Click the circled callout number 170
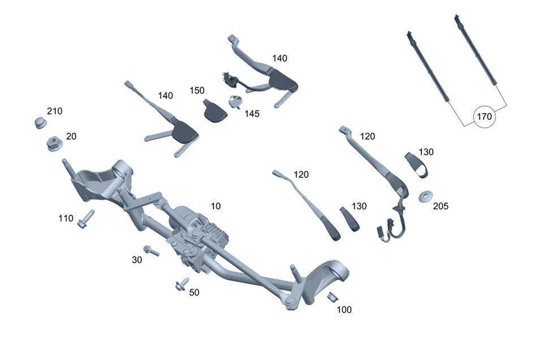pyautogui.click(x=485, y=118)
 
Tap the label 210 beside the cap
pyautogui.click(x=55, y=111)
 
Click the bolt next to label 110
pyautogui.click(x=86, y=220)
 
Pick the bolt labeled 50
pyautogui.click(x=182, y=285)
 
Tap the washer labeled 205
pyautogui.click(x=425, y=197)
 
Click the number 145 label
pyautogui.click(x=252, y=114)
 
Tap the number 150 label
pyautogui.click(x=197, y=90)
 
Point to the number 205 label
pyautogui.click(x=441, y=207)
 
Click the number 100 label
pyautogui.click(x=344, y=310)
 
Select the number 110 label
pyautogui.click(x=66, y=218)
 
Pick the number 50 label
pyautogui.click(x=194, y=292)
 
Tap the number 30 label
pyautogui.click(x=137, y=260)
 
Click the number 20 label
pyautogui.click(x=71, y=136)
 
